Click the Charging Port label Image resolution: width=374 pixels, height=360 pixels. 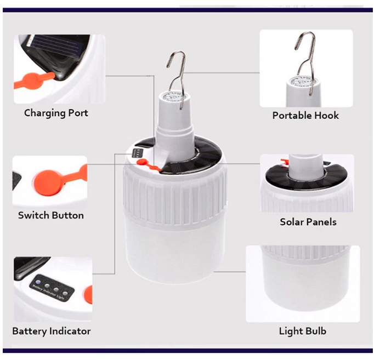click(56, 113)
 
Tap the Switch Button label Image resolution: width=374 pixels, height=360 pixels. click(51, 215)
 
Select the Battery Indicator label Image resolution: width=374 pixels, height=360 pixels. click(52, 331)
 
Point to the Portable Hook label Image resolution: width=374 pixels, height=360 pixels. click(305, 116)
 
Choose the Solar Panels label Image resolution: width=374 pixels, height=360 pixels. click(308, 222)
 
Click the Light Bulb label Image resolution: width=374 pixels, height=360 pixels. click(302, 331)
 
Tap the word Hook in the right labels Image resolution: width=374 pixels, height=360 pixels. click(326, 116)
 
